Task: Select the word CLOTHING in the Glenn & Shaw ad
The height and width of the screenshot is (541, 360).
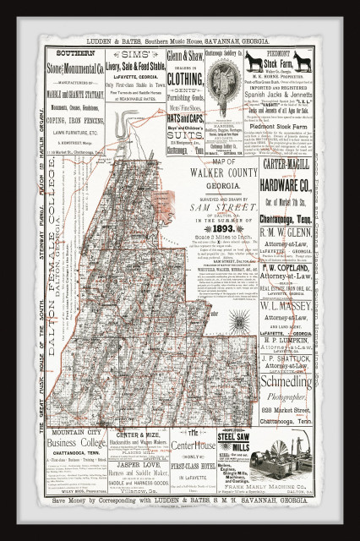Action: coord(186,79)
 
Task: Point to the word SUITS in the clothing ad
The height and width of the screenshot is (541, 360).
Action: coord(186,133)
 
